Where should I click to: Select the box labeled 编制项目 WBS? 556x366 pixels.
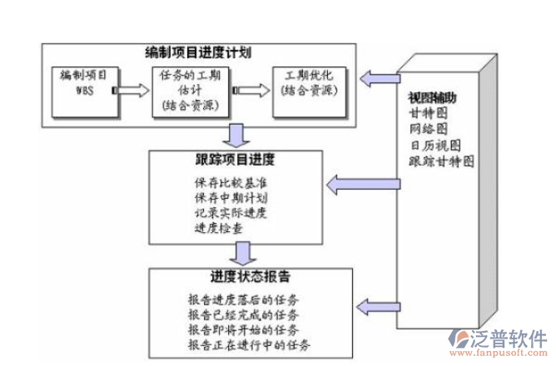pos(86,89)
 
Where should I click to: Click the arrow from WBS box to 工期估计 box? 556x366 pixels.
pos(137,88)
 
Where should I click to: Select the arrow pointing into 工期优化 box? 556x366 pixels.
pos(255,88)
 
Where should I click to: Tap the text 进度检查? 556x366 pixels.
pos(220,227)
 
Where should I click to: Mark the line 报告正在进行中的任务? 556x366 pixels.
pos(250,344)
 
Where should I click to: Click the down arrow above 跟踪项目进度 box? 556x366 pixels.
pos(237,135)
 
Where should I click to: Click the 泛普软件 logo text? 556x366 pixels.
pos(509,339)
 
